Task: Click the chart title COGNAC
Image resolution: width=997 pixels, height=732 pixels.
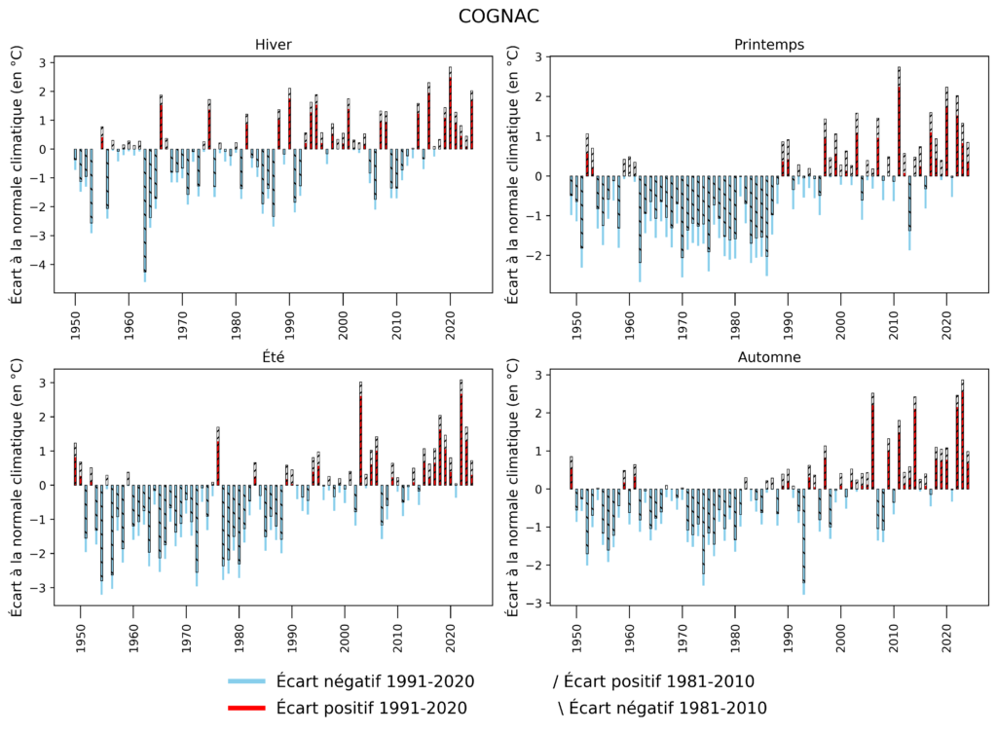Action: [498, 17]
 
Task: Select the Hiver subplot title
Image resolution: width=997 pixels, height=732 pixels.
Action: [273, 45]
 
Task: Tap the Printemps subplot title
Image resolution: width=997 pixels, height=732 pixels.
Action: [770, 45]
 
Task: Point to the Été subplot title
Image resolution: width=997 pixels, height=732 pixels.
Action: [273, 357]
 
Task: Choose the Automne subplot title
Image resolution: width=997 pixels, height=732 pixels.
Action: [770, 357]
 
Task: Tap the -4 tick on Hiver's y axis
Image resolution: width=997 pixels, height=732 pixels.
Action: [43, 265]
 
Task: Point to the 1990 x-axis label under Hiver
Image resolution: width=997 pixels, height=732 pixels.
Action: [289, 318]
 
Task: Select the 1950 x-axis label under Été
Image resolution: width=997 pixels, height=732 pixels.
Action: [80, 631]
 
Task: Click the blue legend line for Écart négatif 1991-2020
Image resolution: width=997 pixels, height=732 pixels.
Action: [245, 680]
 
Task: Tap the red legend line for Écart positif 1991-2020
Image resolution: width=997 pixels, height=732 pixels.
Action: [245, 708]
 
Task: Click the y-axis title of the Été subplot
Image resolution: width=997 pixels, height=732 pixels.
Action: [17, 485]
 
